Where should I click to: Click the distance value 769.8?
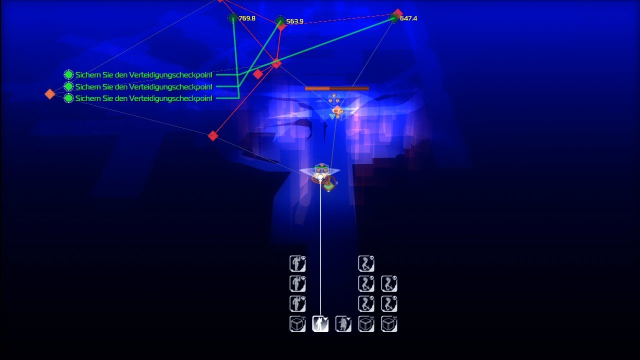point(247,18)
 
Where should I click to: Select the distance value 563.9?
point(294,21)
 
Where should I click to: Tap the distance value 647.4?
point(408,18)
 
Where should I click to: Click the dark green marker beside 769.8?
point(233,18)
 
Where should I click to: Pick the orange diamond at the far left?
point(49,94)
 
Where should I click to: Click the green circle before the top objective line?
point(68,75)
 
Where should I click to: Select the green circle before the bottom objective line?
point(68,98)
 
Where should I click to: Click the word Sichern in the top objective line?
point(85,75)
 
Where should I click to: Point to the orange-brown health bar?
point(337,88)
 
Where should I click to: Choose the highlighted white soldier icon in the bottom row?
point(320,324)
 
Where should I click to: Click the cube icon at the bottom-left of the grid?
point(297,324)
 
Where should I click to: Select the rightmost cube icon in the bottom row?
point(389,324)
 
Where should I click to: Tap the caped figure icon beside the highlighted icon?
point(343,324)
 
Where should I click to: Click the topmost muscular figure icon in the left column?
point(297,263)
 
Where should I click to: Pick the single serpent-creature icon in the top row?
point(366,263)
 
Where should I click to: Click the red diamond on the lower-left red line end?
point(212,135)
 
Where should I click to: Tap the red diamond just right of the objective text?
point(257,74)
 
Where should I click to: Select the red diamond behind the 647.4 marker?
point(398,13)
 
